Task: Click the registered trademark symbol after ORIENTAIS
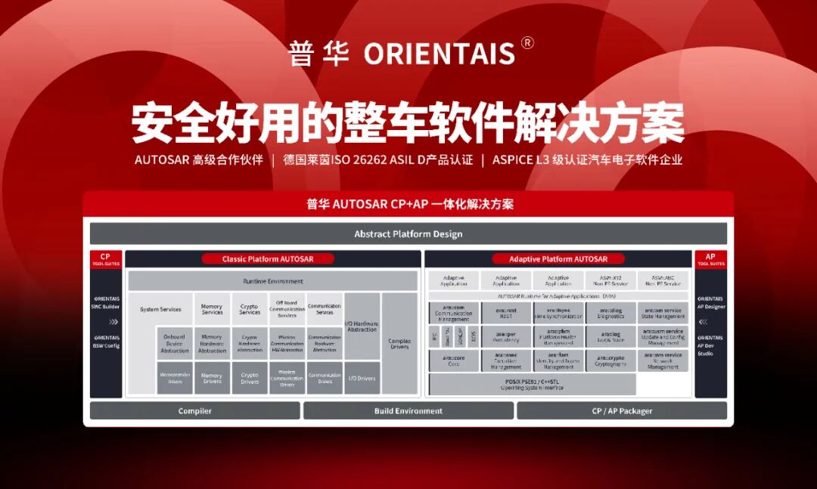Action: tap(527, 43)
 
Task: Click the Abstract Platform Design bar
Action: tap(408, 234)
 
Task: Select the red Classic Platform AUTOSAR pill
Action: tap(268, 259)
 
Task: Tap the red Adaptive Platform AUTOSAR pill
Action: tap(558, 259)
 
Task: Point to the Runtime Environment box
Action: tap(272, 281)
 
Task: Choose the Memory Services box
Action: tap(212, 309)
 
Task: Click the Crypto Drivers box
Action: tap(250, 377)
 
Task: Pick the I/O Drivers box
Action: tap(362, 378)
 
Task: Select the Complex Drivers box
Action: tap(399, 342)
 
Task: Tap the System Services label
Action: tap(160, 309)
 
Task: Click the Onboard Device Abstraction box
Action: tap(175, 343)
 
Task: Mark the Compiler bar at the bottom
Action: tap(194, 411)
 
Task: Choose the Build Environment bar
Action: tap(408, 411)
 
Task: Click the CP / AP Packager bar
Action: tap(621, 411)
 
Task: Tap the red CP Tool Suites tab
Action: tap(105, 259)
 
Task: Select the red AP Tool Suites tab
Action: tap(710, 259)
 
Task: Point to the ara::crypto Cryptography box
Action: tap(610, 361)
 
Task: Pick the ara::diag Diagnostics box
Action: tap(610, 313)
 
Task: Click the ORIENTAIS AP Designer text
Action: tap(710, 302)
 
